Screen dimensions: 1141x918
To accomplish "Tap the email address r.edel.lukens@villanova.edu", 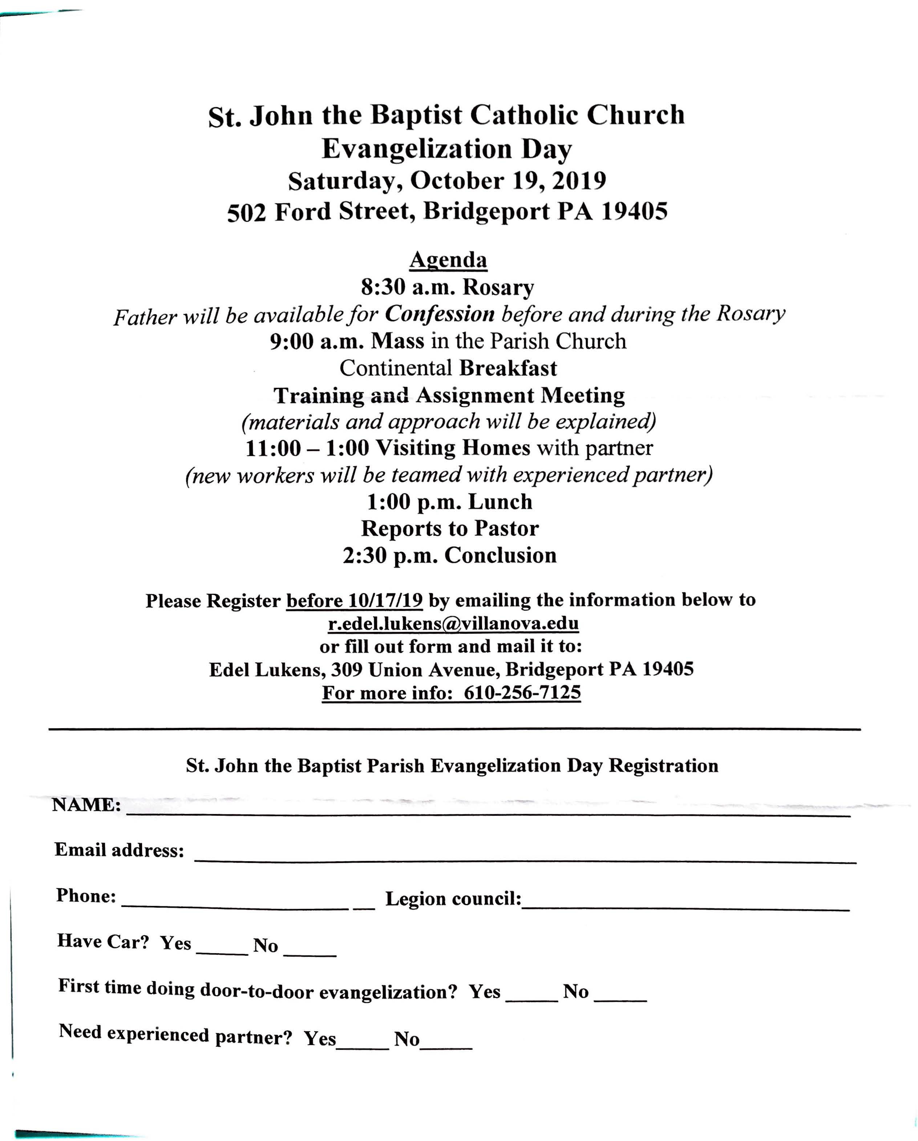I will (453, 624).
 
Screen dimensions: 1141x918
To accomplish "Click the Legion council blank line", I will (685, 906).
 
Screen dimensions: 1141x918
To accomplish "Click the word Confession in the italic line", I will (439, 314).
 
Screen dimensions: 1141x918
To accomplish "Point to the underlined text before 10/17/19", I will (354, 600).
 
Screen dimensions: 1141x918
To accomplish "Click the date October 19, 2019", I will (507, 181).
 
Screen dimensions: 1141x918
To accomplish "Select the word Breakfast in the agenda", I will (507, 368).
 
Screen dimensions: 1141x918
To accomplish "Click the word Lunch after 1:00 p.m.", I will (500, 501).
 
